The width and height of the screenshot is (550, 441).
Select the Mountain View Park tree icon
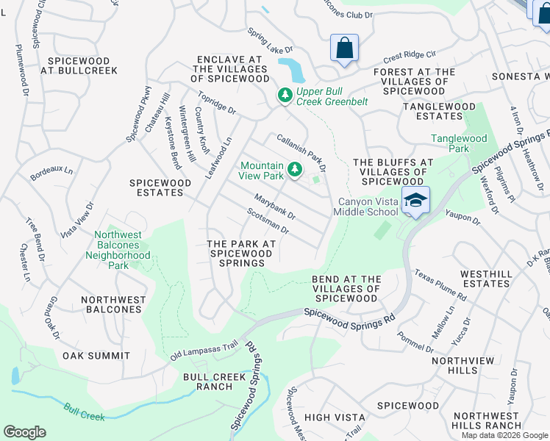pos(295,170)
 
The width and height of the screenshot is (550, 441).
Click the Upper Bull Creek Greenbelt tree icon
pos(285,95)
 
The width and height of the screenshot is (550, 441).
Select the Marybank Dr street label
pos(274,207)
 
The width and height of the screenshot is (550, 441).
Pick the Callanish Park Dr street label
pos(301,152)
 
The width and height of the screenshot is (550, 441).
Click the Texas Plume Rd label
pos(440,284)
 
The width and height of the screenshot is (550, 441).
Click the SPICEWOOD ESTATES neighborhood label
pos(156,187)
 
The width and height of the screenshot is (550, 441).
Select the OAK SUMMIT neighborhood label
pos(96,356)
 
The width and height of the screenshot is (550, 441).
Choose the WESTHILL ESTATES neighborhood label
pos(485,279)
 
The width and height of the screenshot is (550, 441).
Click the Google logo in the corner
pos(24,432)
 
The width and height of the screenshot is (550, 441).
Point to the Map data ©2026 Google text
pos(504,435)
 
